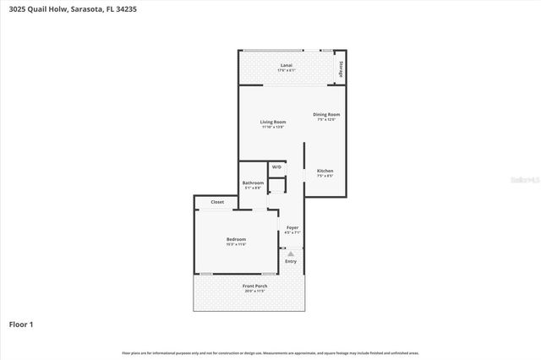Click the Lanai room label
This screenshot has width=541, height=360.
[x=287, y=64]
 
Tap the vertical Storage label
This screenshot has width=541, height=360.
[x=340, y=69]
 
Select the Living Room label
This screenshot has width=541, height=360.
[x=272, y=122]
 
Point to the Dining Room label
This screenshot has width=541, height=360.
[x=326, y=114]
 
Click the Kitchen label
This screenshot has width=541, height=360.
[x=325, y=171]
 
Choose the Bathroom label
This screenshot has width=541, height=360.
[x=253, y=183]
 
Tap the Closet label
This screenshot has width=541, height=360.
[x=217, y=202]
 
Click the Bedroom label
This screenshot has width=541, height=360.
[x=236, y=239]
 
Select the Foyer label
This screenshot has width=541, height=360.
[x=292, y=227]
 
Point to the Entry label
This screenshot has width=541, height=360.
[x=291, y=261]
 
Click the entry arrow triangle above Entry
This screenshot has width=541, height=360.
[x=291, y=253]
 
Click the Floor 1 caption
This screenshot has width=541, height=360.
[x=20, y=324]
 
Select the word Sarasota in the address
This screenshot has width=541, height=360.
[x=95, y=9]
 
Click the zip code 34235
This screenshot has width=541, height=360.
[x=146, y=9]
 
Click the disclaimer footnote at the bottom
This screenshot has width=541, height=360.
[x=270, y=352]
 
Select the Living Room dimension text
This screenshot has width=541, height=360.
[x=272, y=127]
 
